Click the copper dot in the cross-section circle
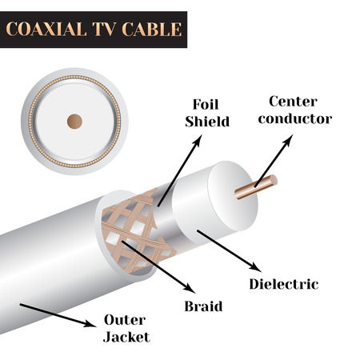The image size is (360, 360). tap(74, 121)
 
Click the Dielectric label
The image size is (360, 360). tap(284, 284)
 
